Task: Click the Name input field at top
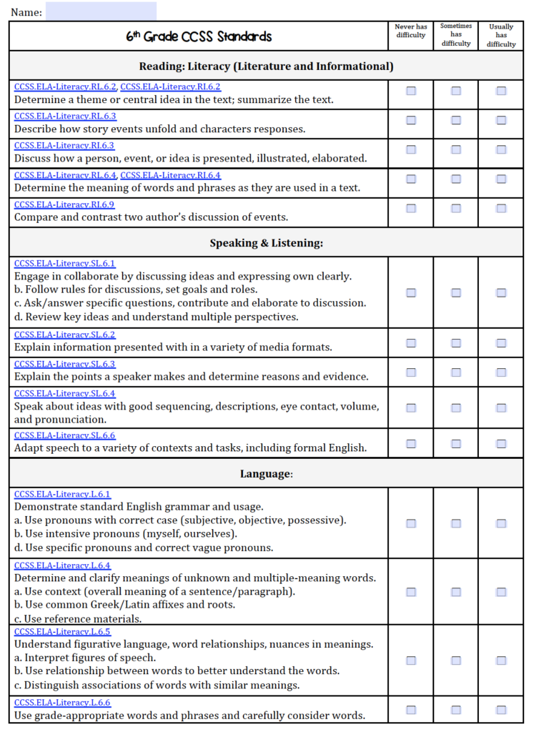101,11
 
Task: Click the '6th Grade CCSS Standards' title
199,36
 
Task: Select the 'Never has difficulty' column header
410,31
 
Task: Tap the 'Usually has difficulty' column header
501,36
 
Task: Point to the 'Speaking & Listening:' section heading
266,243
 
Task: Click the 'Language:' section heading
266,473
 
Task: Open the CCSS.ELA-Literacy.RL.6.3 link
65,116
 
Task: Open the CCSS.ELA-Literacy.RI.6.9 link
64,204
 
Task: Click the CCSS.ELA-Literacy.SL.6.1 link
64,263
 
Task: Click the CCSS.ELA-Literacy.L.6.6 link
62,703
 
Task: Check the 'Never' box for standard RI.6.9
411,209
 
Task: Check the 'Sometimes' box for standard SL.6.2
456,343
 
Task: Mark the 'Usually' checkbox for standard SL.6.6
501,444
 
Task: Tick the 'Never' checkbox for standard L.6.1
411,523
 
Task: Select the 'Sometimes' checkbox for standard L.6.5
456,661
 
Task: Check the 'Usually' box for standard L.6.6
501,710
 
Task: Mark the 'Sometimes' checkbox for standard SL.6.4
456,407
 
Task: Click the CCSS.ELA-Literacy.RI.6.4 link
171,175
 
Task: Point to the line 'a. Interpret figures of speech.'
85,658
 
